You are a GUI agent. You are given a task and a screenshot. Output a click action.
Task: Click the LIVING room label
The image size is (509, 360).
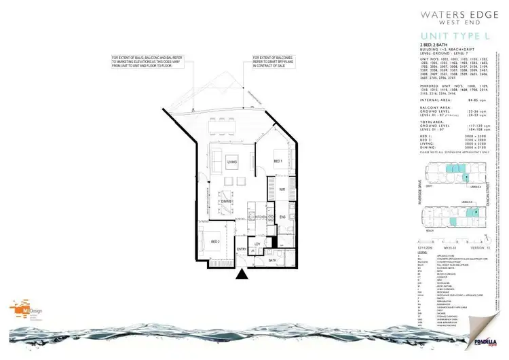point(232,162)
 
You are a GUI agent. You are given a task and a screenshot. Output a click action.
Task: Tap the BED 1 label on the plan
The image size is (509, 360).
point(277,161)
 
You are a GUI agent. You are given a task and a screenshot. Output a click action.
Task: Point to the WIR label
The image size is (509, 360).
point(282,190)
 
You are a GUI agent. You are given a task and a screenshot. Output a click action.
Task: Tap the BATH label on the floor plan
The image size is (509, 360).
point(271,260)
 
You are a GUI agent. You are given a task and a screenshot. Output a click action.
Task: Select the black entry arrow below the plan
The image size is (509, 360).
point(242,275)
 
